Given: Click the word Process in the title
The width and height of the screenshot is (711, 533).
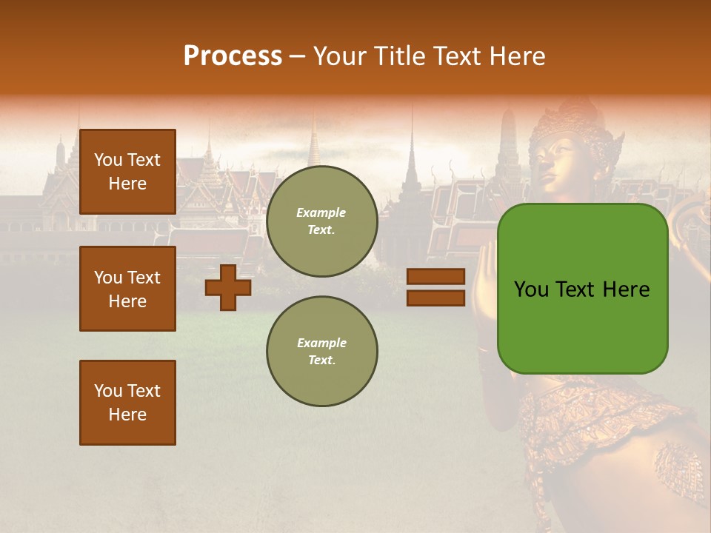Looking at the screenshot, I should pos(233,56).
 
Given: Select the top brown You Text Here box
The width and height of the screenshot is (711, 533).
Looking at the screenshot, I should pos(127,172).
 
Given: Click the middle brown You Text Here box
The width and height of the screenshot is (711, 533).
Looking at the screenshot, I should pos(127,289).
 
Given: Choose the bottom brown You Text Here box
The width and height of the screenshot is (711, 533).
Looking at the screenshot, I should pos(127,403).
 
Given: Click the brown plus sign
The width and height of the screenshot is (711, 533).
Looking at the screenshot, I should pos(228,287).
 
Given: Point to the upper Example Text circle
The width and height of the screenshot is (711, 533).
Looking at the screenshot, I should pos(321,221).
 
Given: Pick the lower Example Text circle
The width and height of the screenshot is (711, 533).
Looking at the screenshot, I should pos(321,352).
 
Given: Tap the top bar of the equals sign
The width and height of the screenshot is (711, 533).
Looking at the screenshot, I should pos(435,276).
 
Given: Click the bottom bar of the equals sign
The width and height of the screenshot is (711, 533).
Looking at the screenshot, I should pos(435,298).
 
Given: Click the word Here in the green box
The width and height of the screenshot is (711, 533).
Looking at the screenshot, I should pos(626,289).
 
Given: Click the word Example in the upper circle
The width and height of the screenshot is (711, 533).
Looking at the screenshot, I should pos(321,212).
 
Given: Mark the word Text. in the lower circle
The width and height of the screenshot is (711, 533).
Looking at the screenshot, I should pos(321,361).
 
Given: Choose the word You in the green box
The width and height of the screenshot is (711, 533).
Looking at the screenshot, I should pos(533,289).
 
